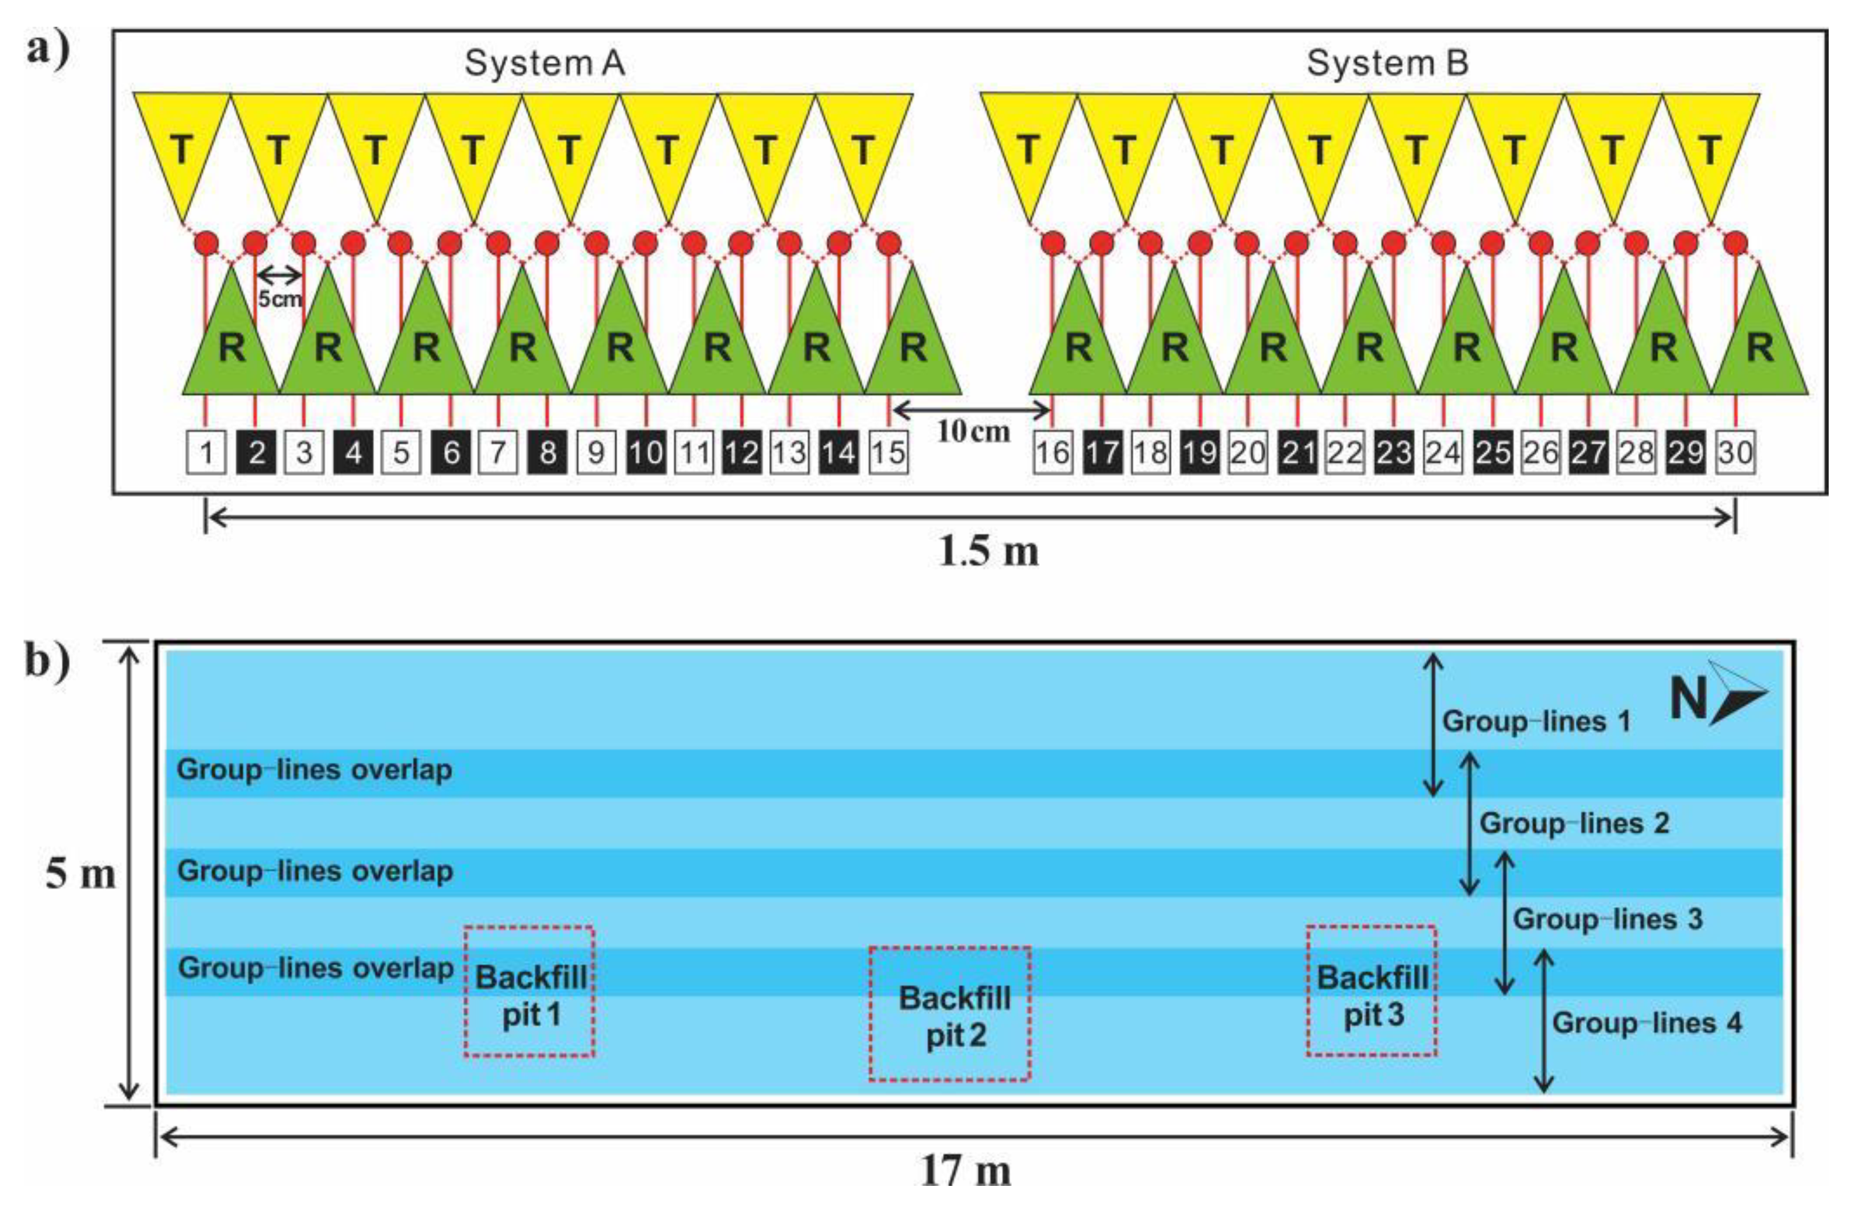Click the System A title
coord(544,63)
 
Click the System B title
coord(1387,63)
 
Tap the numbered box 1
coord(206,453)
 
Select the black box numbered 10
coord(645,453)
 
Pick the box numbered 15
coord(888,453)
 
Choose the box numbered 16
coord(1053,453)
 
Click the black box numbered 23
coord(1393,453)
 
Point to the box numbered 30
coord(1734,453)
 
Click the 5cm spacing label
coord(280,299)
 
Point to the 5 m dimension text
coord(80,873)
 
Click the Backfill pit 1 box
coord(530,992)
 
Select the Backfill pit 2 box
coord(950,1014)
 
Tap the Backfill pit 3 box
coord(1372,991)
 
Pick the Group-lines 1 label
coord(1536,721)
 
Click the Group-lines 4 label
coord(1646,1023)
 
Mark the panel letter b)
coord(48,661)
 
